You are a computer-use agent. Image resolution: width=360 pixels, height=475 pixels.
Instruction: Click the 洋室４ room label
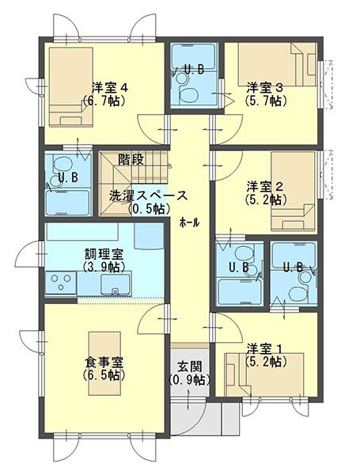click(110, 88)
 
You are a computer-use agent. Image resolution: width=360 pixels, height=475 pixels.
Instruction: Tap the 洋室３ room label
click(265, 88)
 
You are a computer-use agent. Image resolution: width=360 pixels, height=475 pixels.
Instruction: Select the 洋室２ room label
click(265, 187)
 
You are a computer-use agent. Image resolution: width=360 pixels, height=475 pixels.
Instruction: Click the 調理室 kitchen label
click(104, 254)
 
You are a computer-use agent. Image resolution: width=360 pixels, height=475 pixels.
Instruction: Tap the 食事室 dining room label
click(104, 362)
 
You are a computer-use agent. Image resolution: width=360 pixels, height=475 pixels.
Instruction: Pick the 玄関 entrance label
click(190, 367)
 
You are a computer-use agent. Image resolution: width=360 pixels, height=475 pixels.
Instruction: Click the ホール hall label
click(190, 223)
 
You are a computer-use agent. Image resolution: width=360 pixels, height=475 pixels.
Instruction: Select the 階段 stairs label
click(131, 159)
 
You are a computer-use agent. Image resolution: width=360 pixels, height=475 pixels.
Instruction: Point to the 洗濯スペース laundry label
click(149, 196)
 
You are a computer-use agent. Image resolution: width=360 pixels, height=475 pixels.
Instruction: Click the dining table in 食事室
click(104, 363)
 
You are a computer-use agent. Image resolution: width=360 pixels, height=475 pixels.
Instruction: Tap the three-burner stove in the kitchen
click(61, 283)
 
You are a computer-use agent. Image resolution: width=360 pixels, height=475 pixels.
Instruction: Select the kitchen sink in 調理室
click(116, 284)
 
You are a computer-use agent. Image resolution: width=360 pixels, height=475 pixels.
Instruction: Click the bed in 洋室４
click(71, 87)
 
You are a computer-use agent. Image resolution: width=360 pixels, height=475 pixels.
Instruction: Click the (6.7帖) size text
click(104, 101)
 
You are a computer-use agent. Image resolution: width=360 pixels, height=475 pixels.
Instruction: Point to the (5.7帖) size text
click(266, 101)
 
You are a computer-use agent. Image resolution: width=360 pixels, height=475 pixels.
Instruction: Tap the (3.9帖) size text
click(104, 267)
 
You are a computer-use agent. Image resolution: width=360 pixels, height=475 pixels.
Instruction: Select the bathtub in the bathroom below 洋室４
click(68, 203)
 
